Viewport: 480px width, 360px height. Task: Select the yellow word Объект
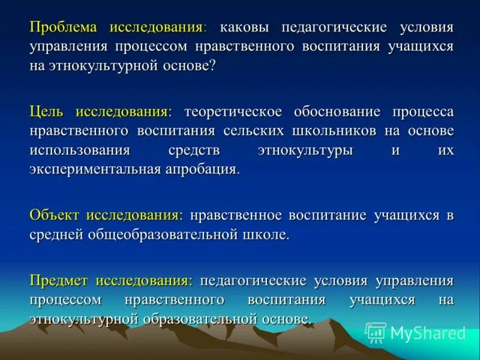(x=55, y=215)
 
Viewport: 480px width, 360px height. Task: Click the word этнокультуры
(x=305, y=150)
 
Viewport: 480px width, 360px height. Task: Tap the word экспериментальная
(x=94, y=169)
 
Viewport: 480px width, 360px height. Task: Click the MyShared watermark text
(x=428, y=332)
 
